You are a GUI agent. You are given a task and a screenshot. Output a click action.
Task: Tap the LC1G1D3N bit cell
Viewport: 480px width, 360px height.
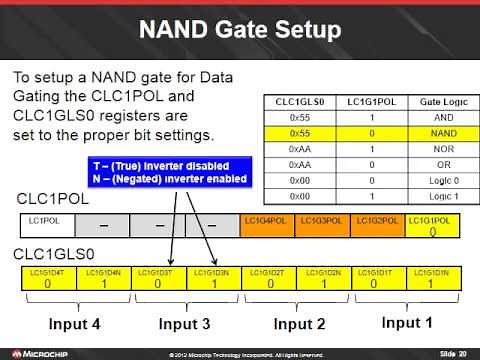click(213, 278)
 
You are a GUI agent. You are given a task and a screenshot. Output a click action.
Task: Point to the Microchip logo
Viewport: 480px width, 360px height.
click(38, 352)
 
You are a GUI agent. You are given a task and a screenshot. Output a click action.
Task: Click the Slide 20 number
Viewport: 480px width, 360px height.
click(453, 352)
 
